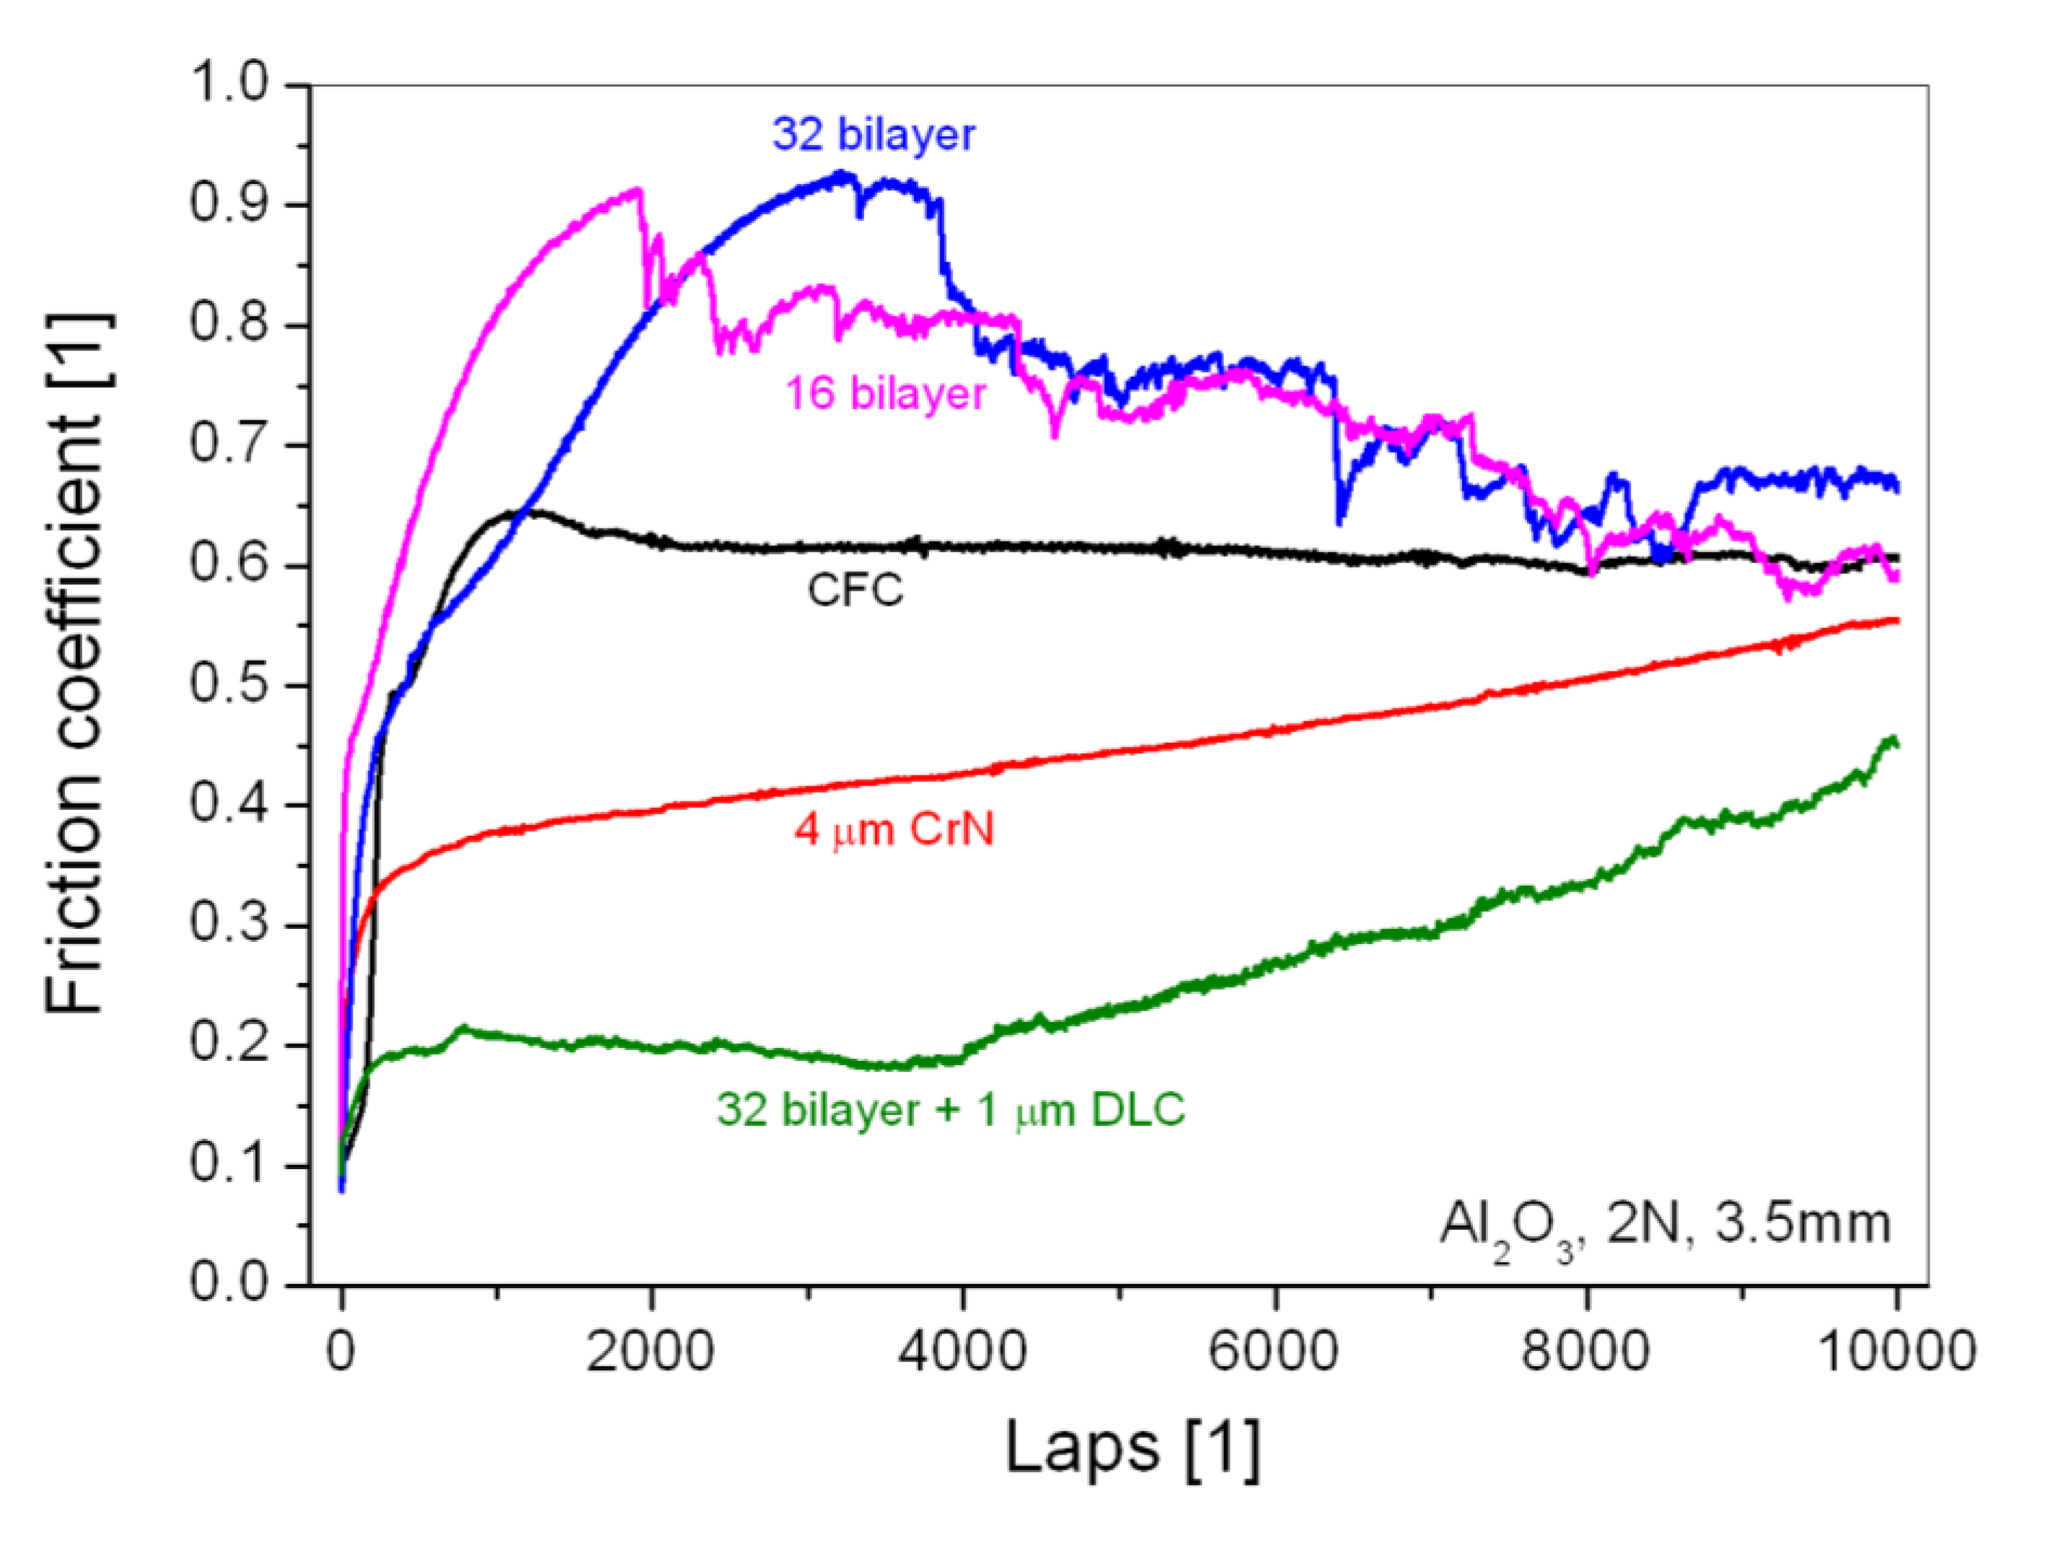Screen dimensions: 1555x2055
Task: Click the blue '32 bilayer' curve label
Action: tap(874, 136)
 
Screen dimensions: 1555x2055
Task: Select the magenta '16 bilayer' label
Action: tap(884, 394)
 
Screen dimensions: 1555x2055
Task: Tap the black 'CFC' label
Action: tap(855, 590)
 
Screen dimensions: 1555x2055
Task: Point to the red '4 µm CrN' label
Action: tap(894, 829)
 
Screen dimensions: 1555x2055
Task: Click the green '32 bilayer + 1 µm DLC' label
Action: tap(951, 1109)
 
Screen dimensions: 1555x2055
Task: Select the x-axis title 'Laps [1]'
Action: tap(1132, 1448)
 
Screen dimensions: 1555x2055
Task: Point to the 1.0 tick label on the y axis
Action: tap(229, 84)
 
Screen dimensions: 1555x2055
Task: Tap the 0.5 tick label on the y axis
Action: tap(229, 684)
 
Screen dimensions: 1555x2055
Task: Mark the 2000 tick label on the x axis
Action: tap(651, 1351)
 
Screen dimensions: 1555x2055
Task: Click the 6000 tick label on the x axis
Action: tap(1274, 1351)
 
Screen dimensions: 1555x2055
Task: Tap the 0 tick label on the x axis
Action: tap(342, 1351)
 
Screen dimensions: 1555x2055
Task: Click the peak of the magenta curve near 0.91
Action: tap(636, 190)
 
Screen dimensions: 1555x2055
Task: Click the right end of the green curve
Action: tap(1895, 740)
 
